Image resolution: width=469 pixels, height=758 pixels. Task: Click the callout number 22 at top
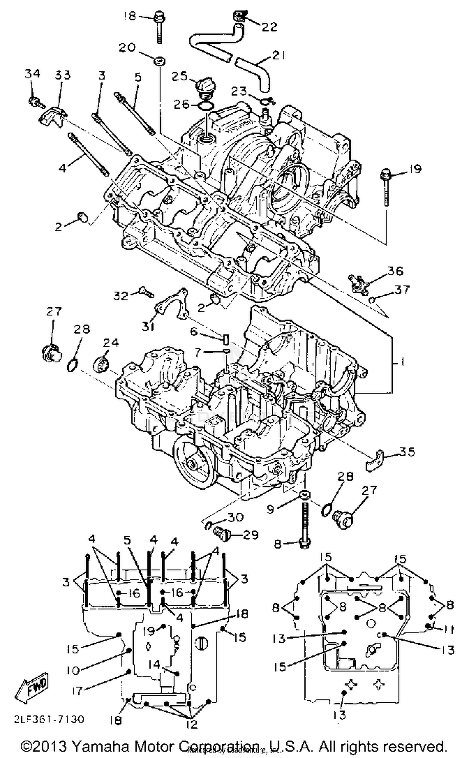click(269, 27)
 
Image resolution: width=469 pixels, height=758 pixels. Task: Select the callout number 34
click(33, 74)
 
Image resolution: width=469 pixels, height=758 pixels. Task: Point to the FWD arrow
click(32, 688)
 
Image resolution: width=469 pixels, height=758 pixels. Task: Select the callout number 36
click(395, 271)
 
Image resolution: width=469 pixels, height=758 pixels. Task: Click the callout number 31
click(148, 327)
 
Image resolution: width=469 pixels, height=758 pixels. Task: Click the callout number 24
click(111, 343)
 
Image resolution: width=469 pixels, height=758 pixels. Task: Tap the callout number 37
click(402, 290)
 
